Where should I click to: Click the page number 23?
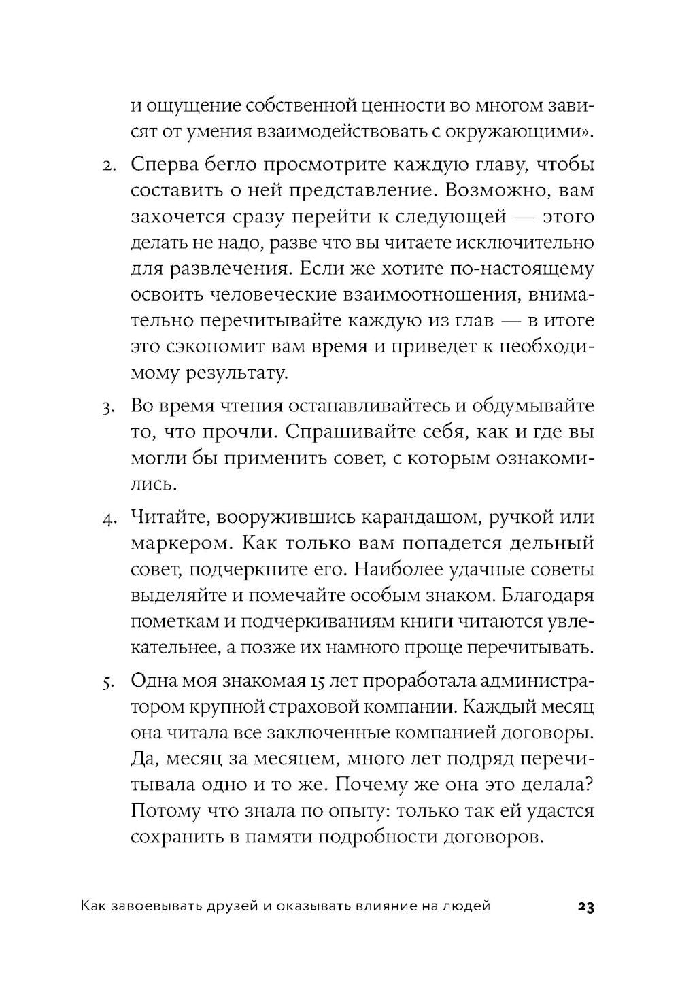[x=585, y=907]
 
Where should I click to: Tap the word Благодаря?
[x=550, y=596]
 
